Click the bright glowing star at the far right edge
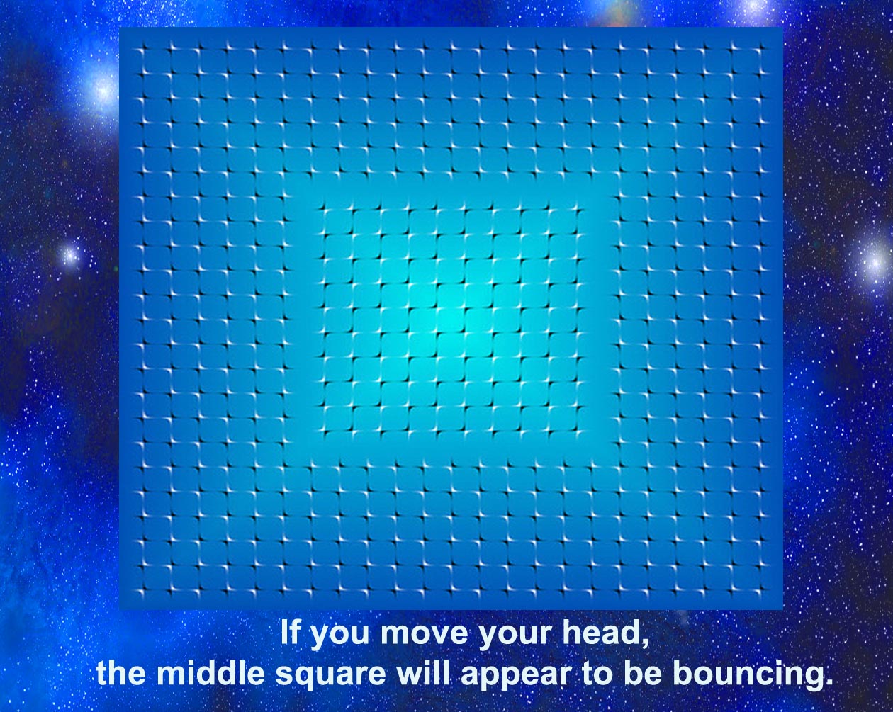point(875,262)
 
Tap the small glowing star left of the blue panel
point(70,254)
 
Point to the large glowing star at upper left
point(101,89)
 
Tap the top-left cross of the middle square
point(326,212)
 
